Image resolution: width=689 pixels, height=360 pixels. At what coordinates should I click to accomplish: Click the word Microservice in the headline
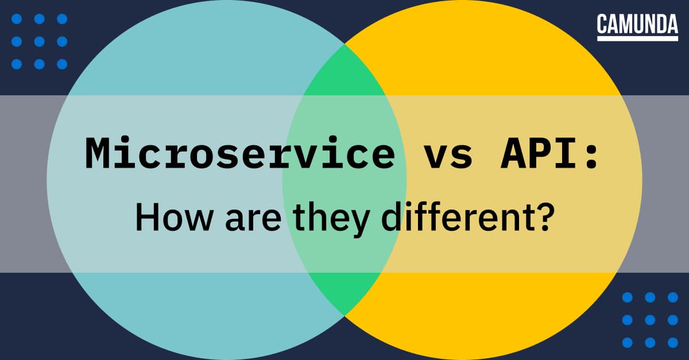(x=239, y=154)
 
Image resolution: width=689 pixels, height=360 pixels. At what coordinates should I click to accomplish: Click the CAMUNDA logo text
(x=637, y=24)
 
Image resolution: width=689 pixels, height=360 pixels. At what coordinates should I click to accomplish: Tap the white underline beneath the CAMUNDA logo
(x=637, y=39)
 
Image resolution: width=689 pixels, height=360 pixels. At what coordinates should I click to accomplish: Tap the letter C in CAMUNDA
(x=602, y=24)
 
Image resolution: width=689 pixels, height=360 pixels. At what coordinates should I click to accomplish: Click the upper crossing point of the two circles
(x=344, y=44)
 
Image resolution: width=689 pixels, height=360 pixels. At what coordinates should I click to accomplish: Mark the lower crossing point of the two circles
(x=344, y=315)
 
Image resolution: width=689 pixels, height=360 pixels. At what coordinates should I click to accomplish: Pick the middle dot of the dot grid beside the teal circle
(x=40, y=41)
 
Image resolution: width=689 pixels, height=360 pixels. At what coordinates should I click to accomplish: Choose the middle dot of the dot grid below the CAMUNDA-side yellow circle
(x=651, y=320)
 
